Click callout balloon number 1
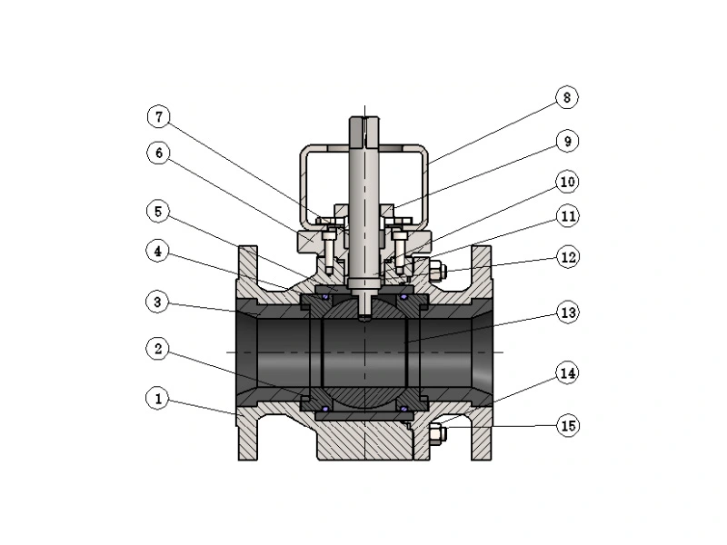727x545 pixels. click(158, 398)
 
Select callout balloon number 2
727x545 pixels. click(158, 348)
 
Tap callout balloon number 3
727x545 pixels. click(158, 299)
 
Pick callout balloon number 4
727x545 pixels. click(158, 251)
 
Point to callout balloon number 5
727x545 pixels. click(158, 212)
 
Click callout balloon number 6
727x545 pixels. click(158, 154)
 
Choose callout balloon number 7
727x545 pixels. click(158, 117)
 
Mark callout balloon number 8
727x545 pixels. click(568, 97)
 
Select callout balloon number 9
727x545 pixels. click(568, 142)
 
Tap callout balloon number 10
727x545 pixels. click(568, 182)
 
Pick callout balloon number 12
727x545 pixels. click(568, 257)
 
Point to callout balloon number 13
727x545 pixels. click(568, 312)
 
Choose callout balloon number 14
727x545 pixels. click(568, 372)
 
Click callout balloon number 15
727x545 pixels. click(568, 425)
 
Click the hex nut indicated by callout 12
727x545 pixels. click(436, 270)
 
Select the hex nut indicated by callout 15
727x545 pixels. click(436, 433)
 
